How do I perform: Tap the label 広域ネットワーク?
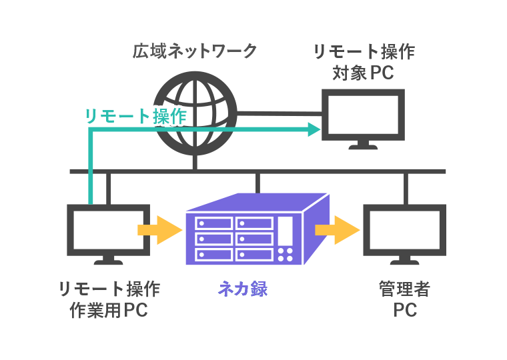tap(195, 51)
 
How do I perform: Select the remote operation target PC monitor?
tap(364, 115)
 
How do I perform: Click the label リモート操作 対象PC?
tap(364, 61)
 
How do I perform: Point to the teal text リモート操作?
tap(135, 116)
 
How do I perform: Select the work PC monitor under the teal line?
tap(108, 230)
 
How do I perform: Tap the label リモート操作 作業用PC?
tap(109, 299)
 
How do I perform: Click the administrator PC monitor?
tap(404, 230)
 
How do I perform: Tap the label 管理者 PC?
tap(404, 299)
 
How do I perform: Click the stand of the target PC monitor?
tap(364, 145)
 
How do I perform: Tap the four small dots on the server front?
tap(286, 254)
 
